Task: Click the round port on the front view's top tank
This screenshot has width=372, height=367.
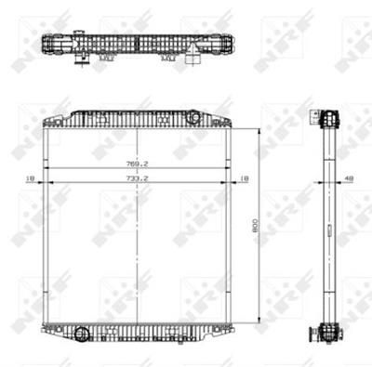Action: [x=193, y=117]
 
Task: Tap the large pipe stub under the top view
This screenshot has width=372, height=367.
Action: [x=193, y=63]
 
